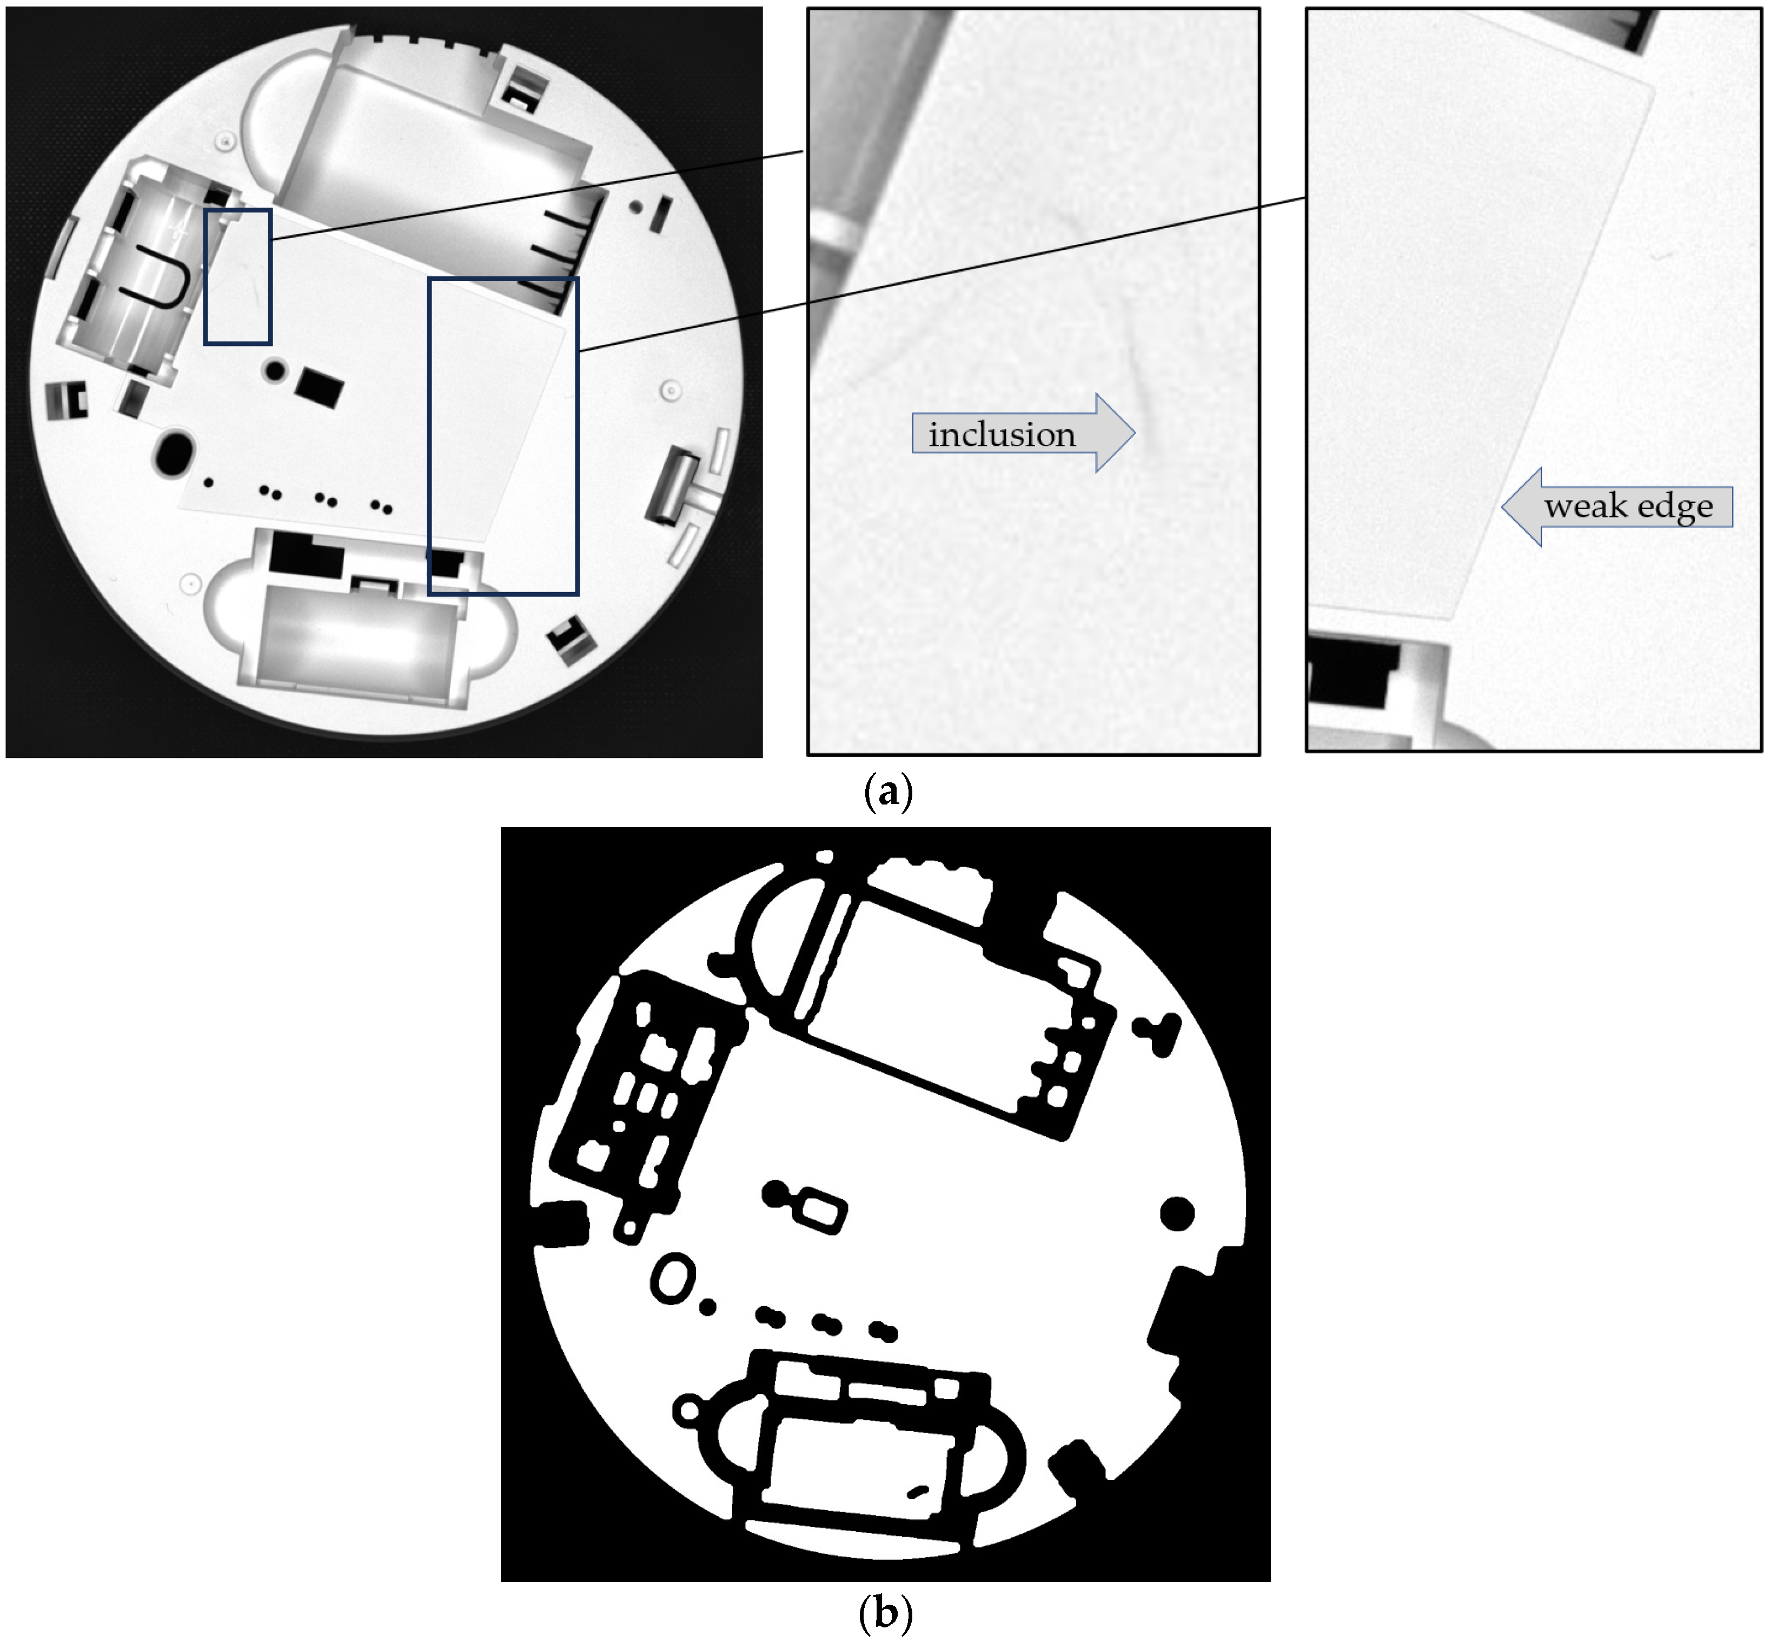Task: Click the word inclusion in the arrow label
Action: coord(1002,435)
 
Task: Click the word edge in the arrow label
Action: coord(1675,507)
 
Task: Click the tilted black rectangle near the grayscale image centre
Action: coord(319,388)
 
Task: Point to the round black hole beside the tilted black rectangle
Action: coord(275,370)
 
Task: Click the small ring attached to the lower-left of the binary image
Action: coord(688,1410)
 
